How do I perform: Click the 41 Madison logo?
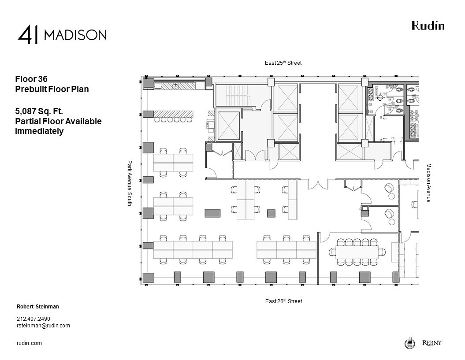click(62, 35)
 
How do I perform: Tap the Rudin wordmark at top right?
click(428, 26)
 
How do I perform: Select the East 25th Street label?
click(283, 63)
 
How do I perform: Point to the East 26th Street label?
click(283, 301)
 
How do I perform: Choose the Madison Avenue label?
click(428, 183)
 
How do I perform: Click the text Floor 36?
click(31, 79)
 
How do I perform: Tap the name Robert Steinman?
click(38, 306)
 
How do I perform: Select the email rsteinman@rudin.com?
click(43, 326)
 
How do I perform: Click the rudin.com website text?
click(29, 343)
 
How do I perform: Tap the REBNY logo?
click(432, 343)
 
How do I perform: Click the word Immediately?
click(39, 131)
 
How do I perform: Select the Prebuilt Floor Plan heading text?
click(52, 89)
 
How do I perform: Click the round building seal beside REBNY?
click(409, 343)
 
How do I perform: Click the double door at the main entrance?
click(317, 184)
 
